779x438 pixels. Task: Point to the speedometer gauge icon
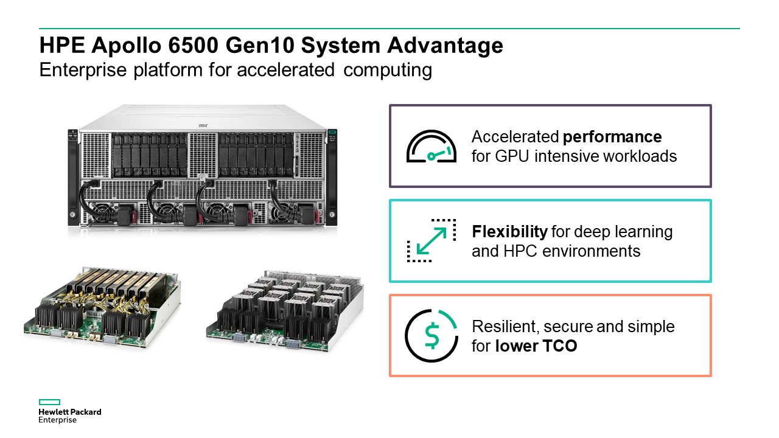(x=431, y=147)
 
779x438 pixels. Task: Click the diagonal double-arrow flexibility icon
(x=431, y=240)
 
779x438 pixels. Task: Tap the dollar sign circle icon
(x=431, y=335)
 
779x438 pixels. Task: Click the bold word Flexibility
(x=509, y=231)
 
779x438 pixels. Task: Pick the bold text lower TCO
(x=536, y=347)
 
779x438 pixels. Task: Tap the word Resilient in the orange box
(x=503, y=327)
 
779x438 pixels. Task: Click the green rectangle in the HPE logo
(x=49, y=402)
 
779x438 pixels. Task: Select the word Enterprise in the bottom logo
(x=58, y=420)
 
